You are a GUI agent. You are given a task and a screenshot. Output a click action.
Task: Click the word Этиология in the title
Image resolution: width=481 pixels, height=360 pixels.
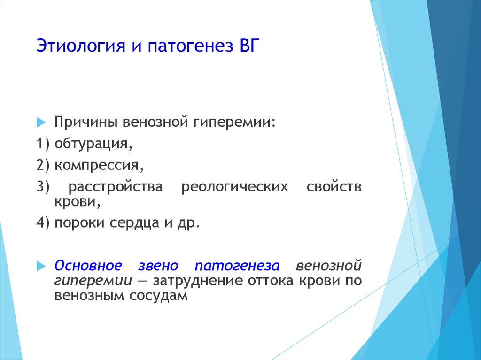[x=81, y=46]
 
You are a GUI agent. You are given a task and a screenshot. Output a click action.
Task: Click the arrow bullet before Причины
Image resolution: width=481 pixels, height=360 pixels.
[x=41, y=122]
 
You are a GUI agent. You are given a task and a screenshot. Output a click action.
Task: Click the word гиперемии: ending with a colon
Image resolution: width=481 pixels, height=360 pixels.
[x=234, y=122]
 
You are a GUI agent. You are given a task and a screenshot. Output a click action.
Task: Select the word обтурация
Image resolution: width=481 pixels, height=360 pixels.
[x=93, y=144]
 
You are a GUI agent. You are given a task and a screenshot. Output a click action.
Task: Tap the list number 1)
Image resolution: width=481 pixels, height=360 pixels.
[x=43, y=144]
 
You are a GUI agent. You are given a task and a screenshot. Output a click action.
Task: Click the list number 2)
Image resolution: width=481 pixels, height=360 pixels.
[x=43, y=165]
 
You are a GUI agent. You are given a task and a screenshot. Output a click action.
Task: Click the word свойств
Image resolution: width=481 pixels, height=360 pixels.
[x=334, y=187]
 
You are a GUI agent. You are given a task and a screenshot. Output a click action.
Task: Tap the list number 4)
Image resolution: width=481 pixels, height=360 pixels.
[x=43, y=222]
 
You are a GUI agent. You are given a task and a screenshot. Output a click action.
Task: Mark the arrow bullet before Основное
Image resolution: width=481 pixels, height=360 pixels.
[x=41, y=266]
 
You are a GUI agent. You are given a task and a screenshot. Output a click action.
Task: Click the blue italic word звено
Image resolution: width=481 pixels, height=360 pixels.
[x=158, y=266]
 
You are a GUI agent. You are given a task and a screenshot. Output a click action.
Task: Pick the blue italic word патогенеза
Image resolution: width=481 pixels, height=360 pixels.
[x=237, y=266]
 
